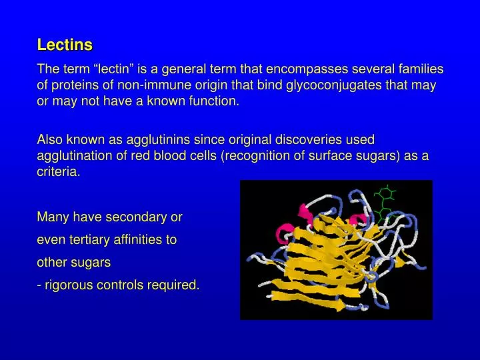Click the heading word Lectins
click(x=65, y=45)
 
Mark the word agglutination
click(x=71, y=156)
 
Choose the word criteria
click(x=58, y=172)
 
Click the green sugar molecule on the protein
click(x=385, y=200)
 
